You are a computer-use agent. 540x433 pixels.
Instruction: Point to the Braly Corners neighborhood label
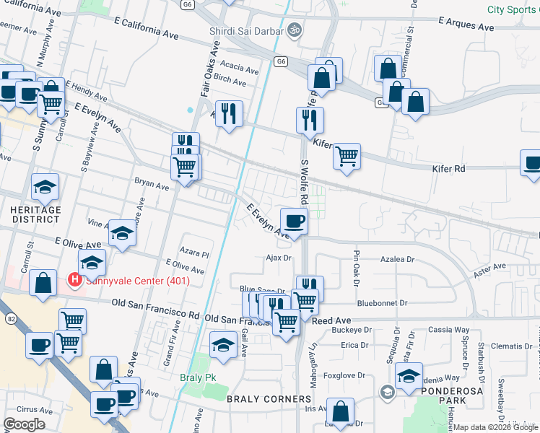tap(260, 398)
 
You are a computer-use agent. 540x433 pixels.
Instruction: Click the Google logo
tap(24, 424)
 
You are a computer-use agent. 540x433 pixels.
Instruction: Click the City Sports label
tap(513, 9)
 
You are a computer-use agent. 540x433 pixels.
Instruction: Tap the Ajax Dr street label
tap(278, 257)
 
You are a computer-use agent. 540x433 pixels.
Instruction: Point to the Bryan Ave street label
tap(151, 185)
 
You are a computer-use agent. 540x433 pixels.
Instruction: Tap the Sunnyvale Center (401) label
tap(137, 281)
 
